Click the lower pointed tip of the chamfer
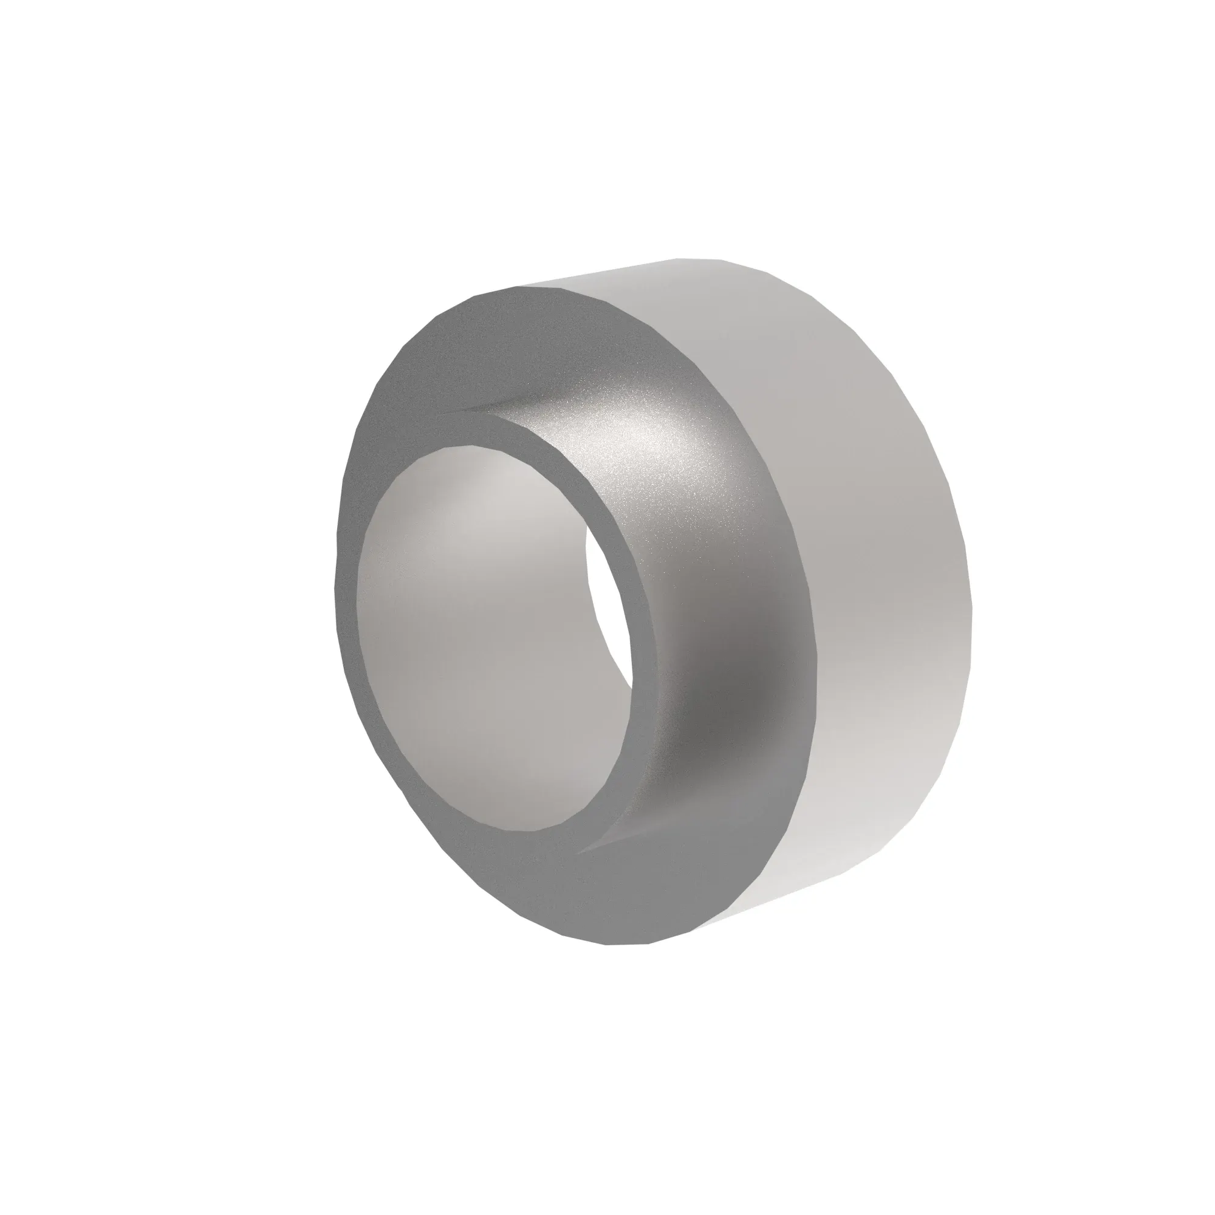582,852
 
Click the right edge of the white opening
629,629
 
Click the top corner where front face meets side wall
522,287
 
